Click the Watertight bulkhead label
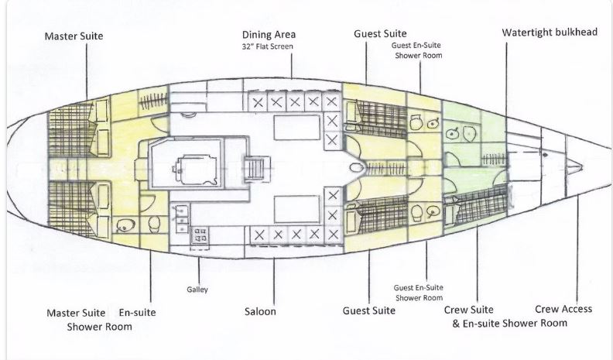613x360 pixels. coord(550,32)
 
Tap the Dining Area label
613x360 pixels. coord(269,34)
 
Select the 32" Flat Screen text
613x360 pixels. coord(267,46)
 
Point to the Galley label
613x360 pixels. coord(197,290)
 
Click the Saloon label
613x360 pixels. coord(260,311)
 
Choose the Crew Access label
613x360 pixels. coord(563,309)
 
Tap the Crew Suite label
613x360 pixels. coord(469,310)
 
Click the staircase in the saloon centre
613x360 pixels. coord(257,168)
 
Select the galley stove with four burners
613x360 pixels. coord(200,237)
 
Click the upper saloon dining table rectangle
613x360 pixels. coord(297,128)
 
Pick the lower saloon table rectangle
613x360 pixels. coord(297,209)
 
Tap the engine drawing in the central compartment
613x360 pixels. coord(195,170)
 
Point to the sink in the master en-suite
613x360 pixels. coord(126,225)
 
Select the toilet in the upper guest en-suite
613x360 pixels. coord(416,122)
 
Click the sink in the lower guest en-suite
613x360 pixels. coord(433,212)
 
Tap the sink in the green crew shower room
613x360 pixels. coord(452,134)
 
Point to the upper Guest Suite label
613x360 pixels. coord(380,33)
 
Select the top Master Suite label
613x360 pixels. coord(74,36)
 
